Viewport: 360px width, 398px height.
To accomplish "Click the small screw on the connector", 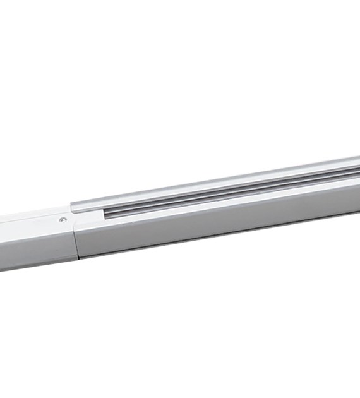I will click(x=63, y=219).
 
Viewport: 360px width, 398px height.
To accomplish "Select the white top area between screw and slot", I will click(x=85, y=218).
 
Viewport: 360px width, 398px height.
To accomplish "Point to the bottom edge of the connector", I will click(x=38, y=265).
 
